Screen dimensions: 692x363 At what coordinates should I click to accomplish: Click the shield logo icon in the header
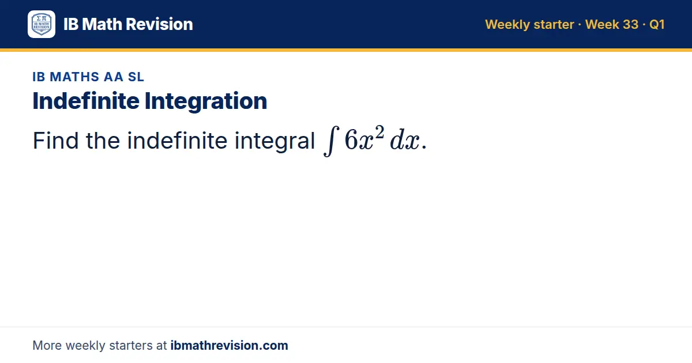[42, 24]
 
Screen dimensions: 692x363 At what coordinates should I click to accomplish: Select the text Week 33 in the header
[612, 24]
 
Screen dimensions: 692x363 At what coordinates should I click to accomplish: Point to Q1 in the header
[657, 25]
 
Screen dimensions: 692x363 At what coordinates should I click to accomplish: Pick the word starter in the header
[554, 25]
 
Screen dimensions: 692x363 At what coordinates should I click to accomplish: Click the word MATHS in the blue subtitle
[74, 77]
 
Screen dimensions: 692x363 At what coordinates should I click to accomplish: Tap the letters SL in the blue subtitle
[136, 77]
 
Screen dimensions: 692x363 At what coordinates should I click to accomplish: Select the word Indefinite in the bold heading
[86, 101]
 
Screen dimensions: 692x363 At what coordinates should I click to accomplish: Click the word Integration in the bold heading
[206, 101]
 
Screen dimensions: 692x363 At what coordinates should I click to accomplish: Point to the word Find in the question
[55, 141]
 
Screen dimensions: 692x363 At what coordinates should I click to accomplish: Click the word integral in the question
[274, 141]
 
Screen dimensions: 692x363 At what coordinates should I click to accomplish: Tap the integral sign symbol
[332, 141]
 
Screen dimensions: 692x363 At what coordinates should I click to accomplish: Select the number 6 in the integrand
[351, 139]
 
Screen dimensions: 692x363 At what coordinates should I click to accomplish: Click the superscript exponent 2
[379, 132]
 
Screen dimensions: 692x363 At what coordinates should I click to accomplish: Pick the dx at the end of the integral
[405, 140]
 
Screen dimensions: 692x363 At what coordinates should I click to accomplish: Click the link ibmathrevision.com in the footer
[230, 345]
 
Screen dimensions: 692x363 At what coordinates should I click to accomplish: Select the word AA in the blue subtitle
[114, 77]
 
